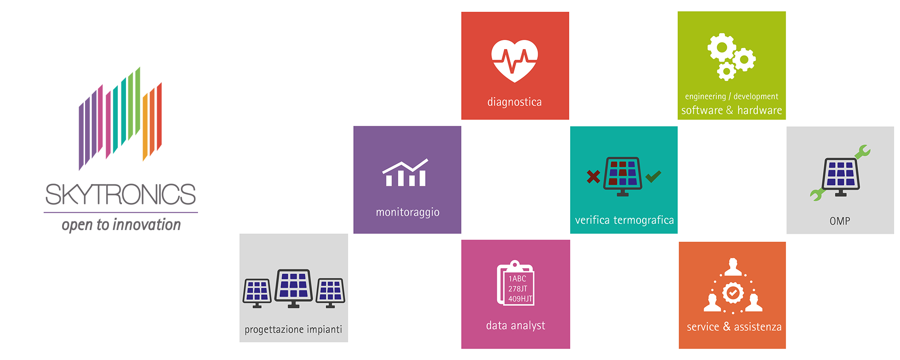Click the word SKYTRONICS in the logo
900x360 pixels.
(121, 194)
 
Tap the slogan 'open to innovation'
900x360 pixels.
(121, 225)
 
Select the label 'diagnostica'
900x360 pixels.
(514, 102)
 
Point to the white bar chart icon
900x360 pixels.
(405, 173)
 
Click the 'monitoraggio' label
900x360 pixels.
(408, 212)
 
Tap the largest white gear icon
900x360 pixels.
(722, 47)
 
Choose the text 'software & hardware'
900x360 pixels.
(732, 110)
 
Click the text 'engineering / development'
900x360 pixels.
(732, 96)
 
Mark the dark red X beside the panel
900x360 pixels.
(594, 176)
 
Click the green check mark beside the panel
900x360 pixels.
(653, 176)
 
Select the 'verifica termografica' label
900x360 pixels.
(625, 220)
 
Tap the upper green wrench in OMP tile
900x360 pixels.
(863, 152)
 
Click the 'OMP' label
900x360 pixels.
(840, 221)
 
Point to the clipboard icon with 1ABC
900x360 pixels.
(516, 283)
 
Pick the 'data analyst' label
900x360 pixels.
(516, 325)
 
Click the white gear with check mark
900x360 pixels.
(733, 293)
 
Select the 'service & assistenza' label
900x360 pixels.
(734, 327)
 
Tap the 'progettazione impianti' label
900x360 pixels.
(293, 329)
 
